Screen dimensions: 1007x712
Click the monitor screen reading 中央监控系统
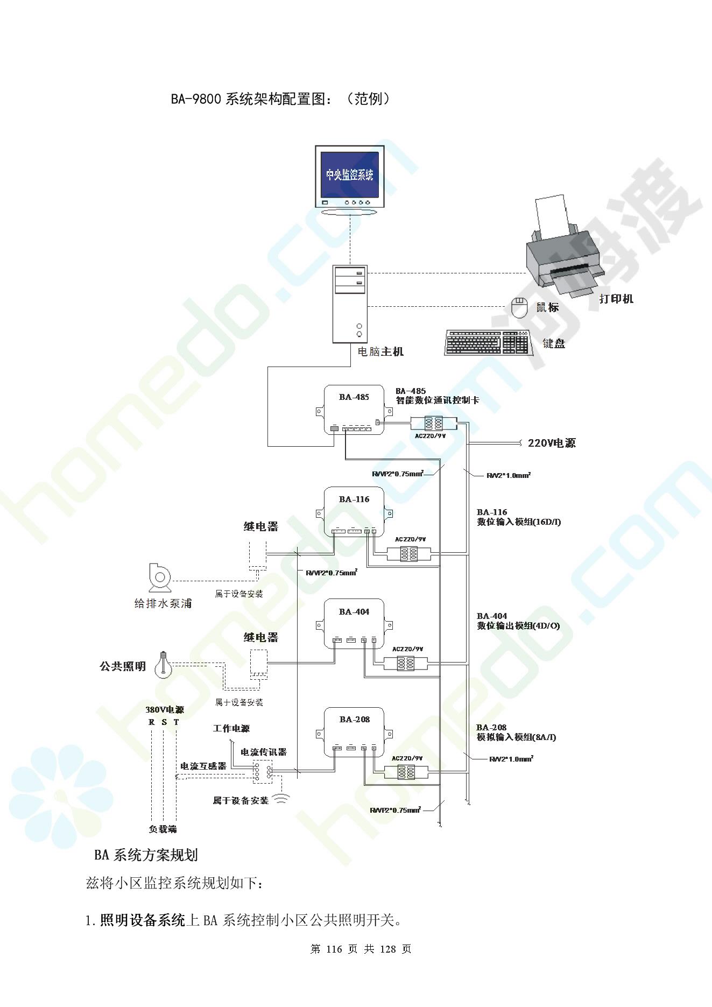[x=350, y=175]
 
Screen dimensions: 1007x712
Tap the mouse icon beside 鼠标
[x=519, y=308]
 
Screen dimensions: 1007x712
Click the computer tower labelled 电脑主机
[x=350, y=304]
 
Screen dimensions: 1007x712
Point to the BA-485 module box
[x=354, y=410]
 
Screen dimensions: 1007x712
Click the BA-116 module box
[x=354, y=511]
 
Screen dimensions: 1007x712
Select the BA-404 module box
[x=354, y=623]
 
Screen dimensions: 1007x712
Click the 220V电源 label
[x=552, y=443]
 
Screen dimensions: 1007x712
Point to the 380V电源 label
[x=165, y=709]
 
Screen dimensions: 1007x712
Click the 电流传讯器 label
[x=263, y=752]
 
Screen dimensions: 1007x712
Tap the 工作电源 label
[x=231, y=729]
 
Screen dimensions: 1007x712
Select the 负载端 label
[x=163, y=829]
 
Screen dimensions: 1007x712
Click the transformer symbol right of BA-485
[x=433, y=422]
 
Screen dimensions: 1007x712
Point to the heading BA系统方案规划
[x=146, y=855]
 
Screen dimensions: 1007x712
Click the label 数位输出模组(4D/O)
[x=518, y=626]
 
